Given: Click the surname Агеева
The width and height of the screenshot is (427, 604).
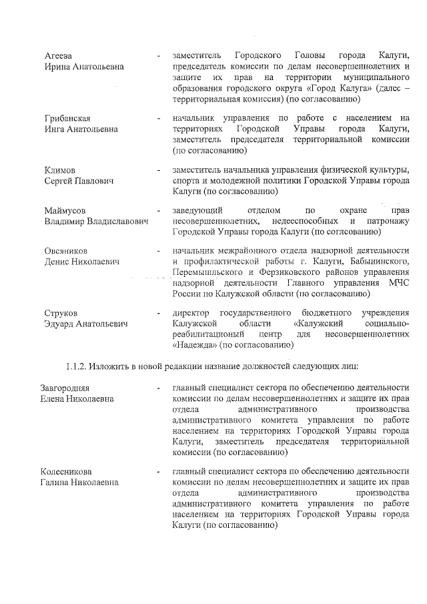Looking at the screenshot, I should (x=59, y=55).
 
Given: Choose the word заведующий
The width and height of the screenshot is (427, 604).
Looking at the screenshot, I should (x=195, y=210).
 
